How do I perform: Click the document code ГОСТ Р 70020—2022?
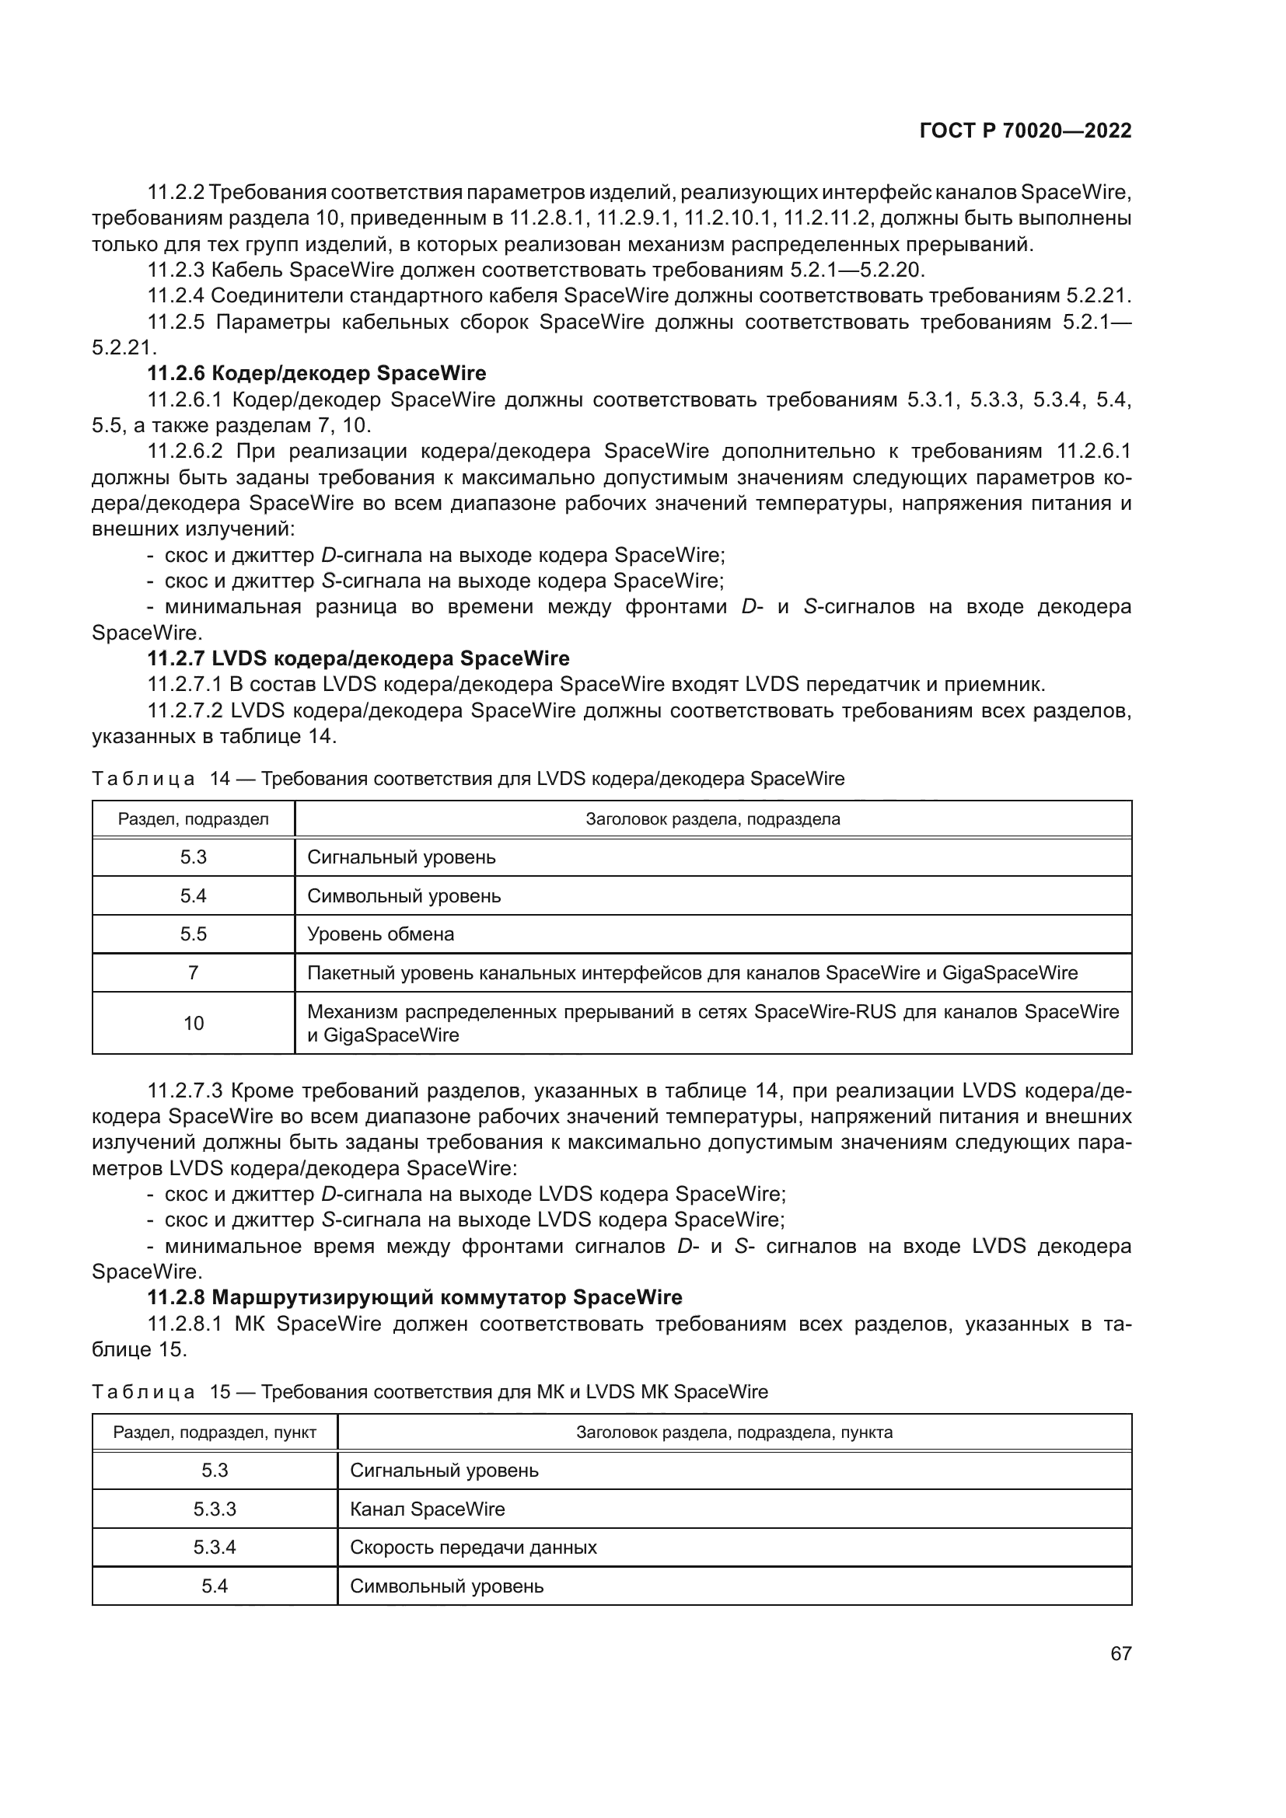[x=1025, y=131]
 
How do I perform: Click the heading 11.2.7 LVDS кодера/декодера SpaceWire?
[x=358, y=659]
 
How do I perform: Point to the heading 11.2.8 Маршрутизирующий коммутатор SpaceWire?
[x=415, y=1298]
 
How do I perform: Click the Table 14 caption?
[x=468, y=779]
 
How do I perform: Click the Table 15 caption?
[x=430, y=1392]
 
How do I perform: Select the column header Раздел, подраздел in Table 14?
[x=194, y=819]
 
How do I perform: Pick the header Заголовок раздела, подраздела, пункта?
[x=734, y=1432]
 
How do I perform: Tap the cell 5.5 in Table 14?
[x=194, y=934]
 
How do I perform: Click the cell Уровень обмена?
[x=381, y=934]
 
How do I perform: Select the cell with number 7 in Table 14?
[x=194, y=973]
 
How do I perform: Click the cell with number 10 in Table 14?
[x=194, y=1023]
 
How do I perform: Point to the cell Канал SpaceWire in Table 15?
[x=428, y=1509]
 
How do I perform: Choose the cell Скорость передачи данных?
[x=474, y=1548]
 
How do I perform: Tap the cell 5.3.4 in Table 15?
[x=215, y=1548]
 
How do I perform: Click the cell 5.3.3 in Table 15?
[x=215, y=1509]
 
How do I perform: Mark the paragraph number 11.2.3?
[x=176, y=270]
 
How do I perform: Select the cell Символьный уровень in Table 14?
[x=404, y=896]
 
